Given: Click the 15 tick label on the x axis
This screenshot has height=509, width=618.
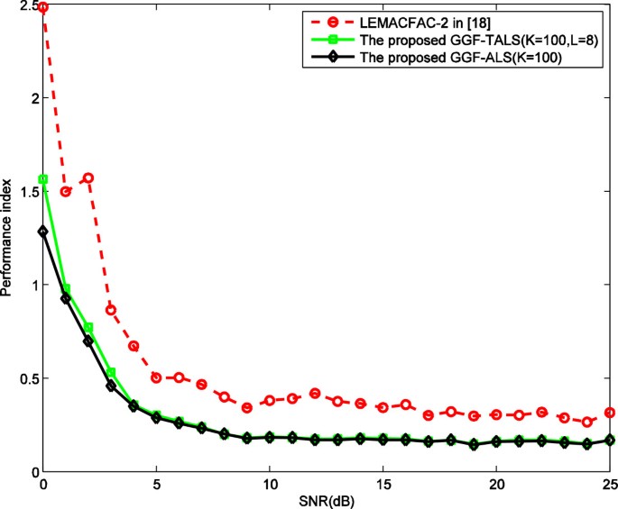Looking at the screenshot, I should tap(383, 485).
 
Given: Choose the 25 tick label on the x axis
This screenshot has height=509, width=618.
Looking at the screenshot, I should tap(610, 485).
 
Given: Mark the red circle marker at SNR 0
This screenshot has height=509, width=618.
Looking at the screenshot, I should tap(43, 7).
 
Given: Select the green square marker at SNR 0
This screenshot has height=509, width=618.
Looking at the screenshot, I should tap(43, 179).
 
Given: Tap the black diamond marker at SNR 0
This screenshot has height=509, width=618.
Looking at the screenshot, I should tap(43, 232).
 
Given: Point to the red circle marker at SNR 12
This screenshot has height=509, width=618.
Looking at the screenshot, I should tap(315, 393).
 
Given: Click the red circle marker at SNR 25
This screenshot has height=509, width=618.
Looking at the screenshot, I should tap(610, 413).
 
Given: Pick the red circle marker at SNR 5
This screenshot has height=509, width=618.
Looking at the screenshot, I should tap(156, 377).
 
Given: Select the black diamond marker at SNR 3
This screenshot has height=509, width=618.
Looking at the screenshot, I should tap(111, 386).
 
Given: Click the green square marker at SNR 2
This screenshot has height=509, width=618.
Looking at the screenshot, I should tap(88, 327).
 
